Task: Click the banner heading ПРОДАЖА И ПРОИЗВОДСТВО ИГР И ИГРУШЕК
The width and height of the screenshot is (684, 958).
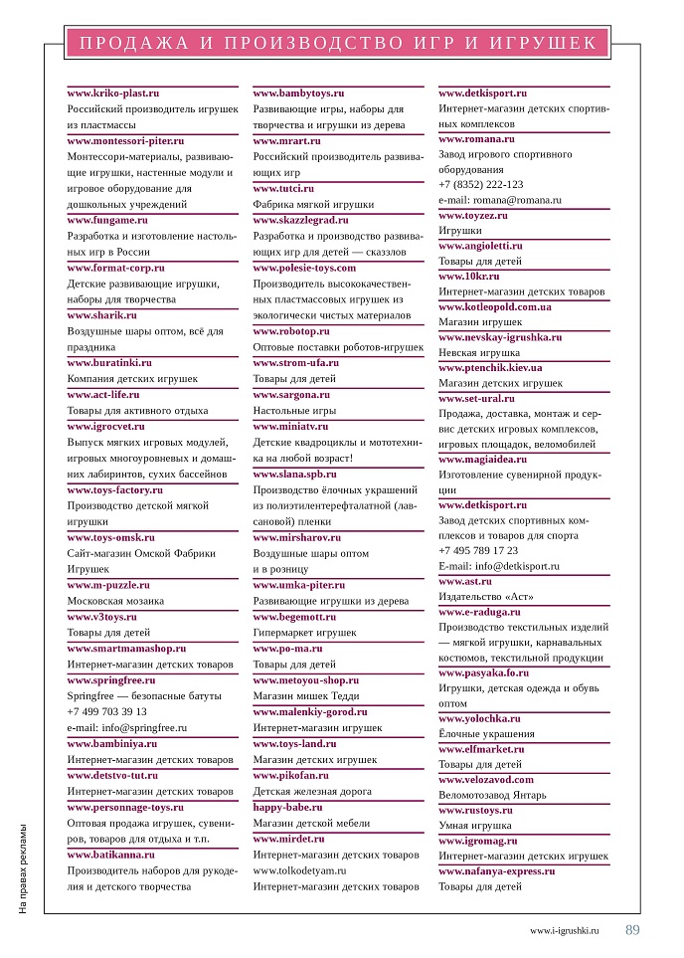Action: (x=337, y=43)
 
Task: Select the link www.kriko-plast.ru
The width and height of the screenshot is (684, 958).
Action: (x=113, y=93)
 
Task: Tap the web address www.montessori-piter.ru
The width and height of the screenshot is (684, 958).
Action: (x=125, y=141)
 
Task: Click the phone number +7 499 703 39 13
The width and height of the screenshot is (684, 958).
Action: (x=106, y=711)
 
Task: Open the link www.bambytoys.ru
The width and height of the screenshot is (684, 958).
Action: (x=298, y=93)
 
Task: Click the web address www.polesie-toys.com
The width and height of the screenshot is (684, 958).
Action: (x=304, y=268)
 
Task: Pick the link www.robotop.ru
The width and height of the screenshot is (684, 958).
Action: (x=291, y=330)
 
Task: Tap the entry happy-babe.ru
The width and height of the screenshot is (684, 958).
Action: (x=288, y=807)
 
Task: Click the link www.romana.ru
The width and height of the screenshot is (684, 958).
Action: (x=476, y=139)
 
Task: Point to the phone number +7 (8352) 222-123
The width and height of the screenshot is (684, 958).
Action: (x=481, y=184)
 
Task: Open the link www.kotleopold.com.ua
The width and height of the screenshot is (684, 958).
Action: (x=495, y=306)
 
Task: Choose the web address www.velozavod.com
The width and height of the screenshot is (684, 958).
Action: (x=486, y=780)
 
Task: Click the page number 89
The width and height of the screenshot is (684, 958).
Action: (x=632, y=930)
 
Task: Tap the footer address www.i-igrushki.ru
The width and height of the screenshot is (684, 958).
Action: (x=565, y=931)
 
